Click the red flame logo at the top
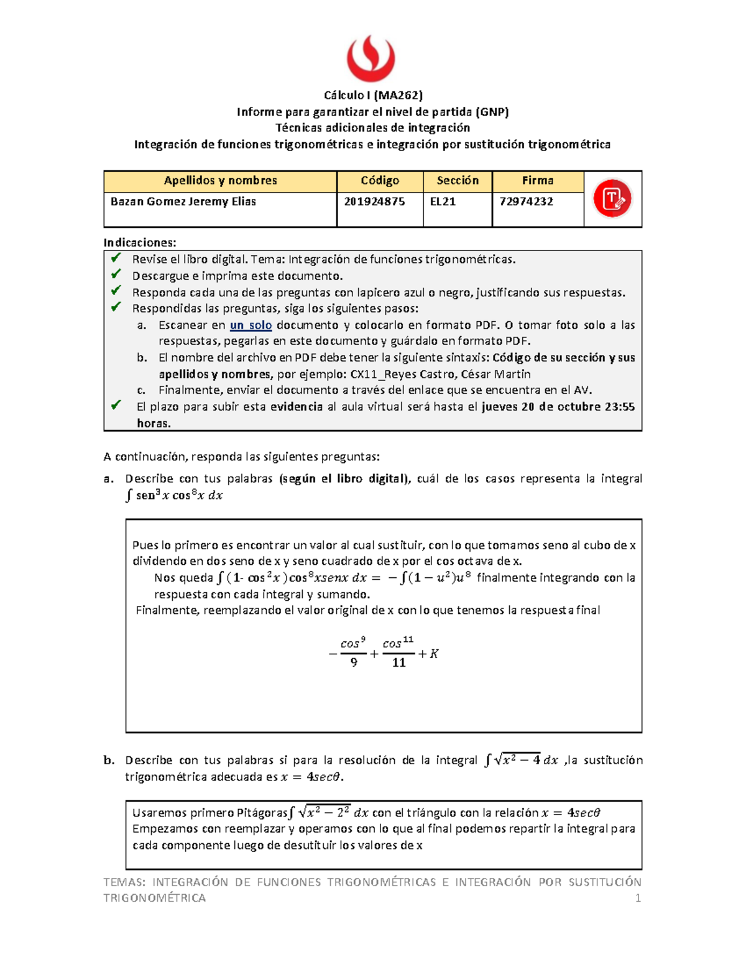371,58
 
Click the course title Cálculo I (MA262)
373,95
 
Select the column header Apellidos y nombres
220,181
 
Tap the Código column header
380,181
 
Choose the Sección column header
458,181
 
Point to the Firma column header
538,181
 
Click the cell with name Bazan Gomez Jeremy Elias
183,202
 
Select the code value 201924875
374,202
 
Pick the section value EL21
443,202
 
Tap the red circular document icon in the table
612,199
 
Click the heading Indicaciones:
140,242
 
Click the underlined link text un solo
251,325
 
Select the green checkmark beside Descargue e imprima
116,274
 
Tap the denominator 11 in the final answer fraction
398,663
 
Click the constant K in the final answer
434,654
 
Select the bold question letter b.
109,760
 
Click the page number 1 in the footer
638,898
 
